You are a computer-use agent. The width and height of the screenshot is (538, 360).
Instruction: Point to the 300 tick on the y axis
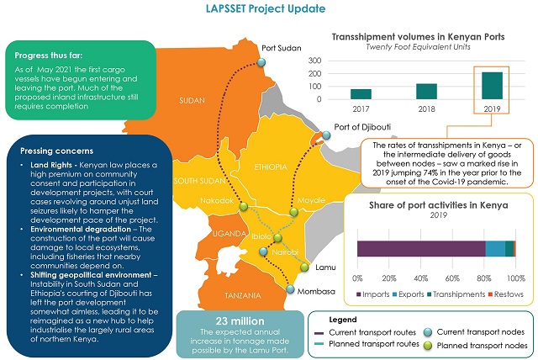[316, 61]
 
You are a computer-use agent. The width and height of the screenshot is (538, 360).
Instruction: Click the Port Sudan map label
[282, 48]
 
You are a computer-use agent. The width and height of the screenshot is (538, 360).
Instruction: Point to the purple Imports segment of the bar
[421, 248]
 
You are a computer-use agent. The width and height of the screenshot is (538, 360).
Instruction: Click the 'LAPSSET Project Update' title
[268, 9]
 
